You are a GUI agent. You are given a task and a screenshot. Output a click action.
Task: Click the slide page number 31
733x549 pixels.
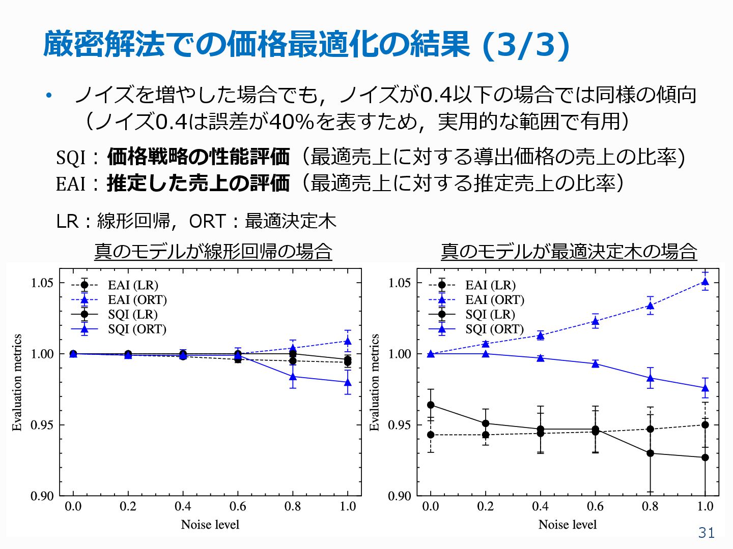click(x=706, y=532)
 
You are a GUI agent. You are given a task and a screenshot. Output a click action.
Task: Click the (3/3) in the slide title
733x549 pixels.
click(x=525, y=45)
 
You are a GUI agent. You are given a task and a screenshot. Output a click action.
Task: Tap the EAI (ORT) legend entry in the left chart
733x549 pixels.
click(x=137, y=300)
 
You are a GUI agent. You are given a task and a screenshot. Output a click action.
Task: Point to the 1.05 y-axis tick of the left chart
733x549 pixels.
click(x=42, y=283)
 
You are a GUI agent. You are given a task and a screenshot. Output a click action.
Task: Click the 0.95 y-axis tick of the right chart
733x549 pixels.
click(x=400, y=425)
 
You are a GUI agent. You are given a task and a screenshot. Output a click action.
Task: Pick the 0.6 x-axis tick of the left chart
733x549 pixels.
click(x=238, y=506)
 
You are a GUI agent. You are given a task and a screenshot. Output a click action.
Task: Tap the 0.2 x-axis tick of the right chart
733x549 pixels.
click(x=485, y=506)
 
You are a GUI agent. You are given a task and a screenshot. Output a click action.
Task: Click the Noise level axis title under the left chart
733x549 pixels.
click(x=210, y=525)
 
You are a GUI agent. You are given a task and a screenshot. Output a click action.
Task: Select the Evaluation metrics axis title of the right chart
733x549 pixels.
click(x=375, y=382)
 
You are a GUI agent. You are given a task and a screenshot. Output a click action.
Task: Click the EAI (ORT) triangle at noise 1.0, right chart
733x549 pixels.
click(x=705, y=282)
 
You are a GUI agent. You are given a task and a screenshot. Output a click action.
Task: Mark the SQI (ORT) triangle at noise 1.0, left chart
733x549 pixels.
click(x=348, y=382)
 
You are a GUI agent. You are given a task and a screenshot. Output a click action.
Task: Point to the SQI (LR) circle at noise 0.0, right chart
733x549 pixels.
click(x=431, y=405)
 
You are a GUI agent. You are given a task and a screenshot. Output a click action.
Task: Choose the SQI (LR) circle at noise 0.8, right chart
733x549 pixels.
click(x=650, y=453)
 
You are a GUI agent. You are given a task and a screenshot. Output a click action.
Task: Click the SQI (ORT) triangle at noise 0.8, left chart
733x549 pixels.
click(x=293, y=377)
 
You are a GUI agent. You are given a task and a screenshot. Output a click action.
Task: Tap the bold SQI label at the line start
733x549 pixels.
click(x=71, y=158)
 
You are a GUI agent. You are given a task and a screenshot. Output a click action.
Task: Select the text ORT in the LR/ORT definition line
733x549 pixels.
click(x=207, y=221)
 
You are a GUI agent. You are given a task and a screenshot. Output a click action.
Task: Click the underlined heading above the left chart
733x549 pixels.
click(x=213, y=251)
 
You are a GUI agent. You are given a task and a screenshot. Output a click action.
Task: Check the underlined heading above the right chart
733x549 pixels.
click(x=569, y=251)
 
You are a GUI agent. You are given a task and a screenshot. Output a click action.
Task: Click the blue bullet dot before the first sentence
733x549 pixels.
click(x=49, y=95)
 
